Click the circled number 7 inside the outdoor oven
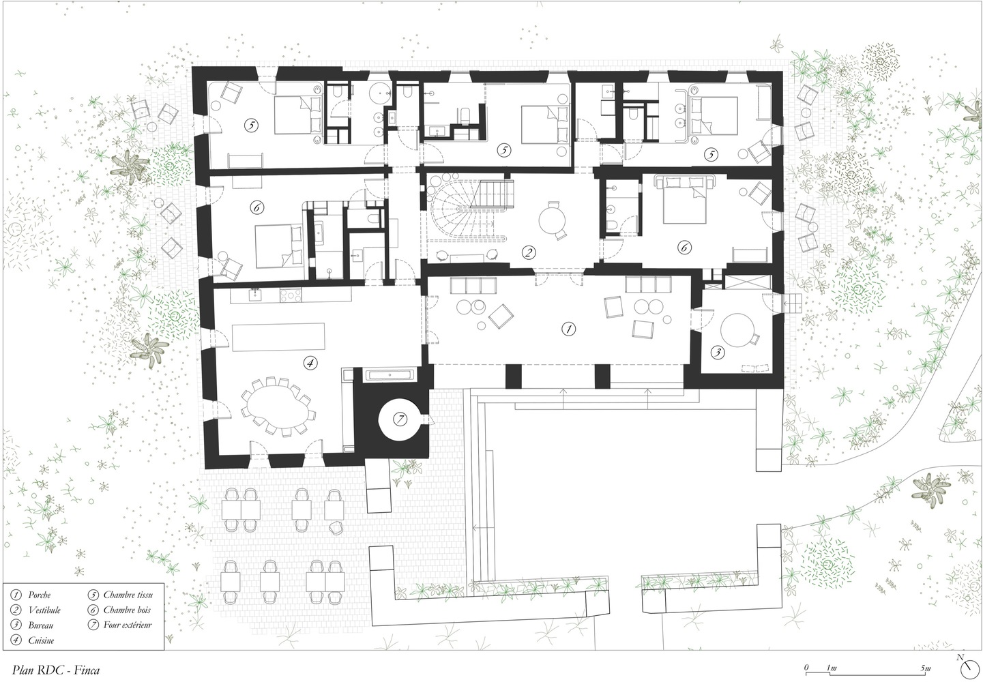(400, 419)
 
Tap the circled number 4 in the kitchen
(310, 363)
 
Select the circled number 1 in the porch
(569, 329)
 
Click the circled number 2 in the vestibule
(529, 252)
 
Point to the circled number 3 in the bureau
(718, 352)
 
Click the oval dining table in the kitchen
(276, 406)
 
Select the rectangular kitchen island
(278, 337)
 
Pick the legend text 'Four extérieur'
(128, 625)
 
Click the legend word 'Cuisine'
(41, 640)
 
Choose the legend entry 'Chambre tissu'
(128, 595)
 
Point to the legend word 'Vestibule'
(44, 610)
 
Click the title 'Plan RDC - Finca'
(56, 670)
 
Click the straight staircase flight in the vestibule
(492, 194)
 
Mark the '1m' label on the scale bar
(832, 668)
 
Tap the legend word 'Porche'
(40, 595)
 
